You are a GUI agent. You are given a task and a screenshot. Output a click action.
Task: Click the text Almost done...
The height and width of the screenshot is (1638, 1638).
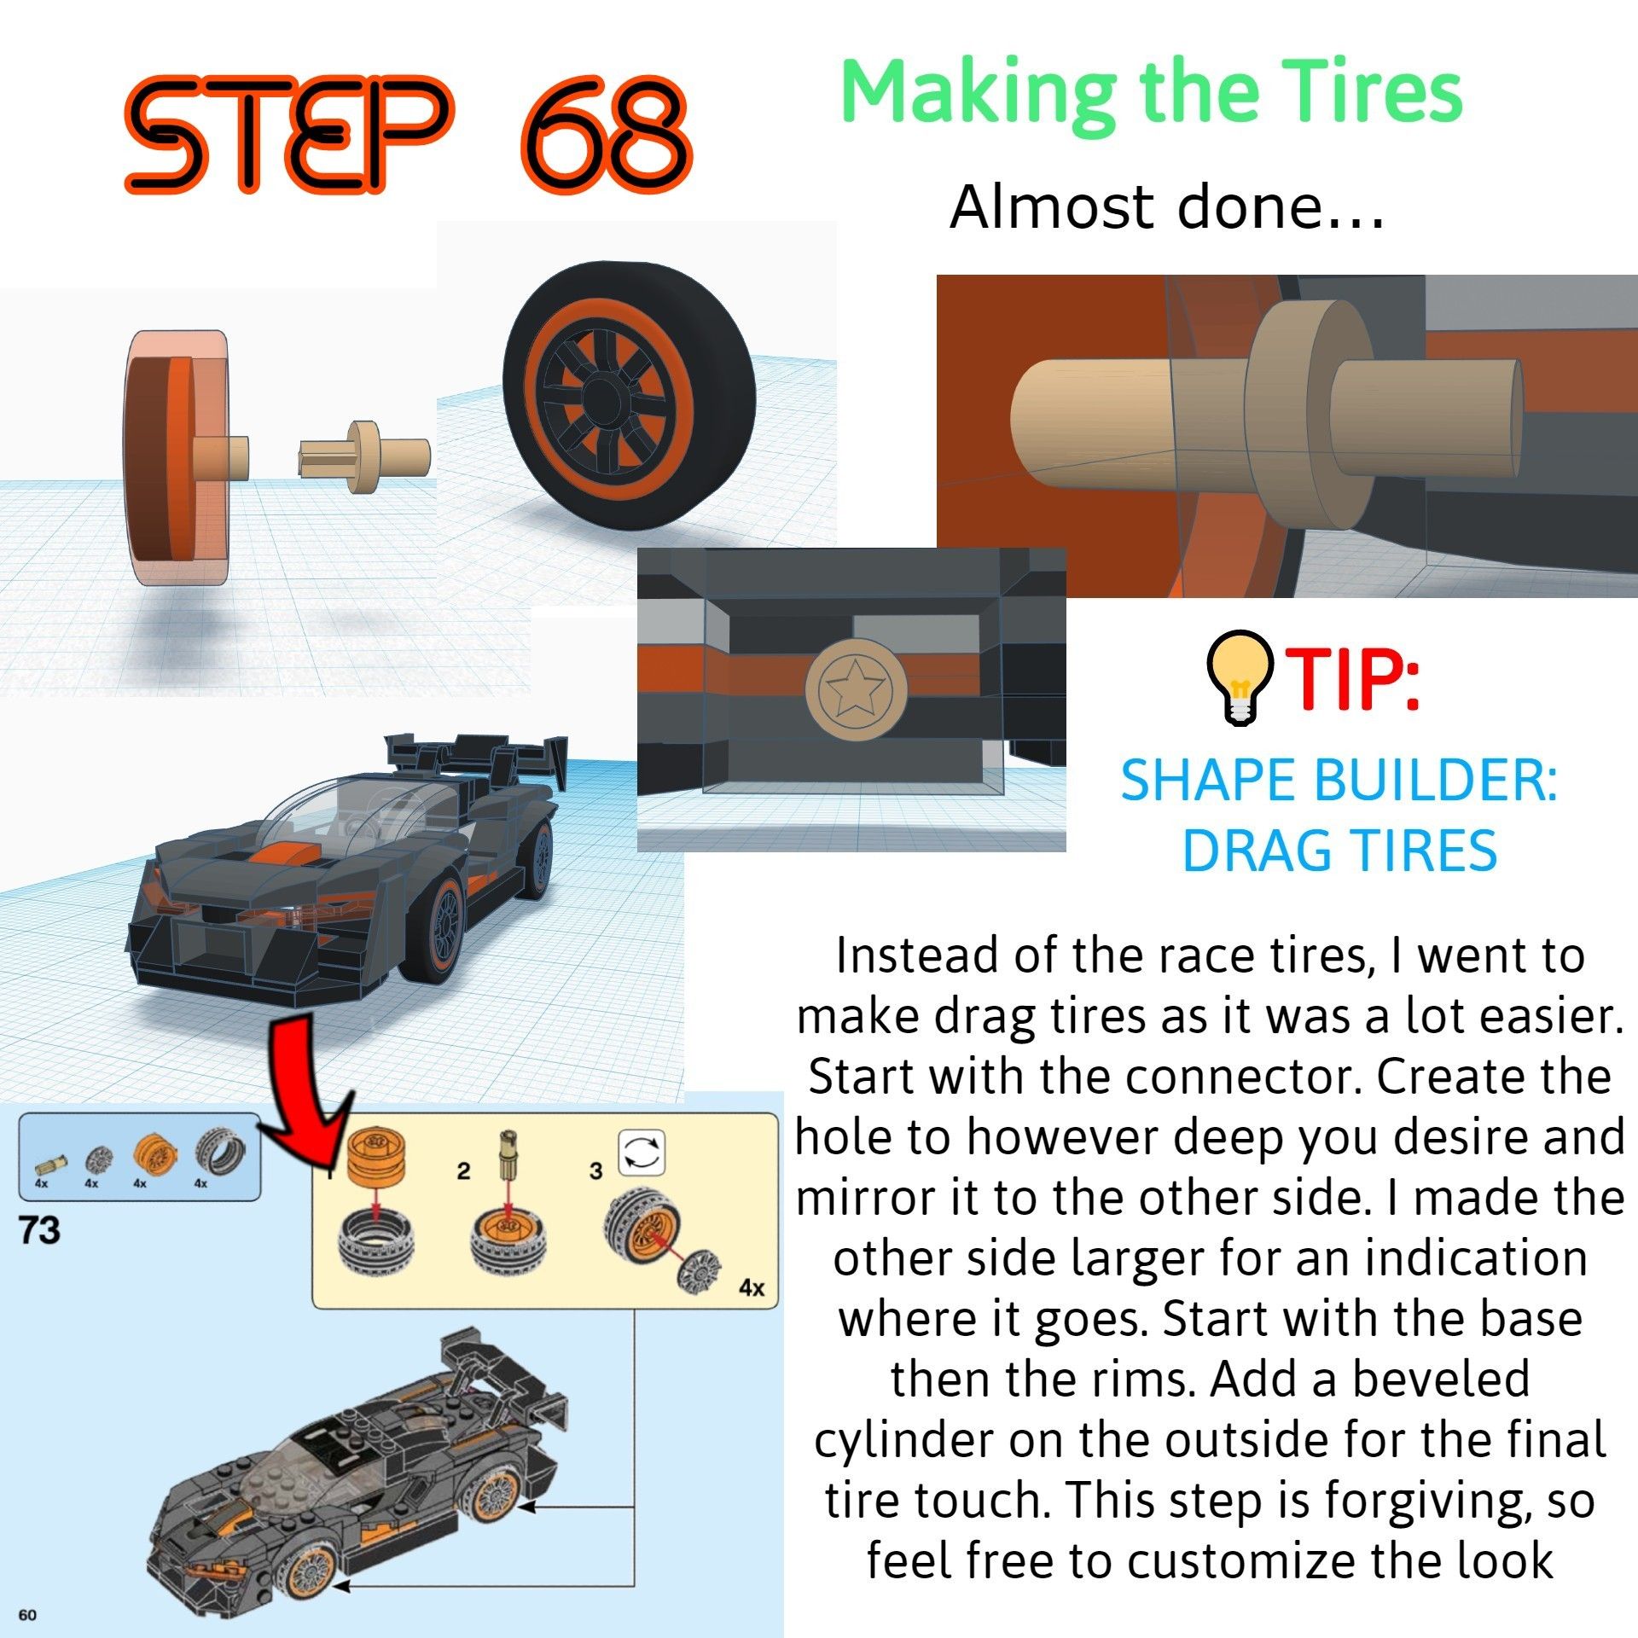click(1165, 207)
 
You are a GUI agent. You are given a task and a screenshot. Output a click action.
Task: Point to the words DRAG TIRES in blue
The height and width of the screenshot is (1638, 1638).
click(1339, 851)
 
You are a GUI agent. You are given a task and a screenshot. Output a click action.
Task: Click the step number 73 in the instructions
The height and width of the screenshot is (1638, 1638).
click(40, 1230)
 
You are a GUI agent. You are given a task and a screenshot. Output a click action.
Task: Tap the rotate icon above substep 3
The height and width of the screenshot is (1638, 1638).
click(642, 1154)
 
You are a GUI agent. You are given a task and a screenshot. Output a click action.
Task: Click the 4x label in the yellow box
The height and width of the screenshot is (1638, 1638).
click(751, 1287)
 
